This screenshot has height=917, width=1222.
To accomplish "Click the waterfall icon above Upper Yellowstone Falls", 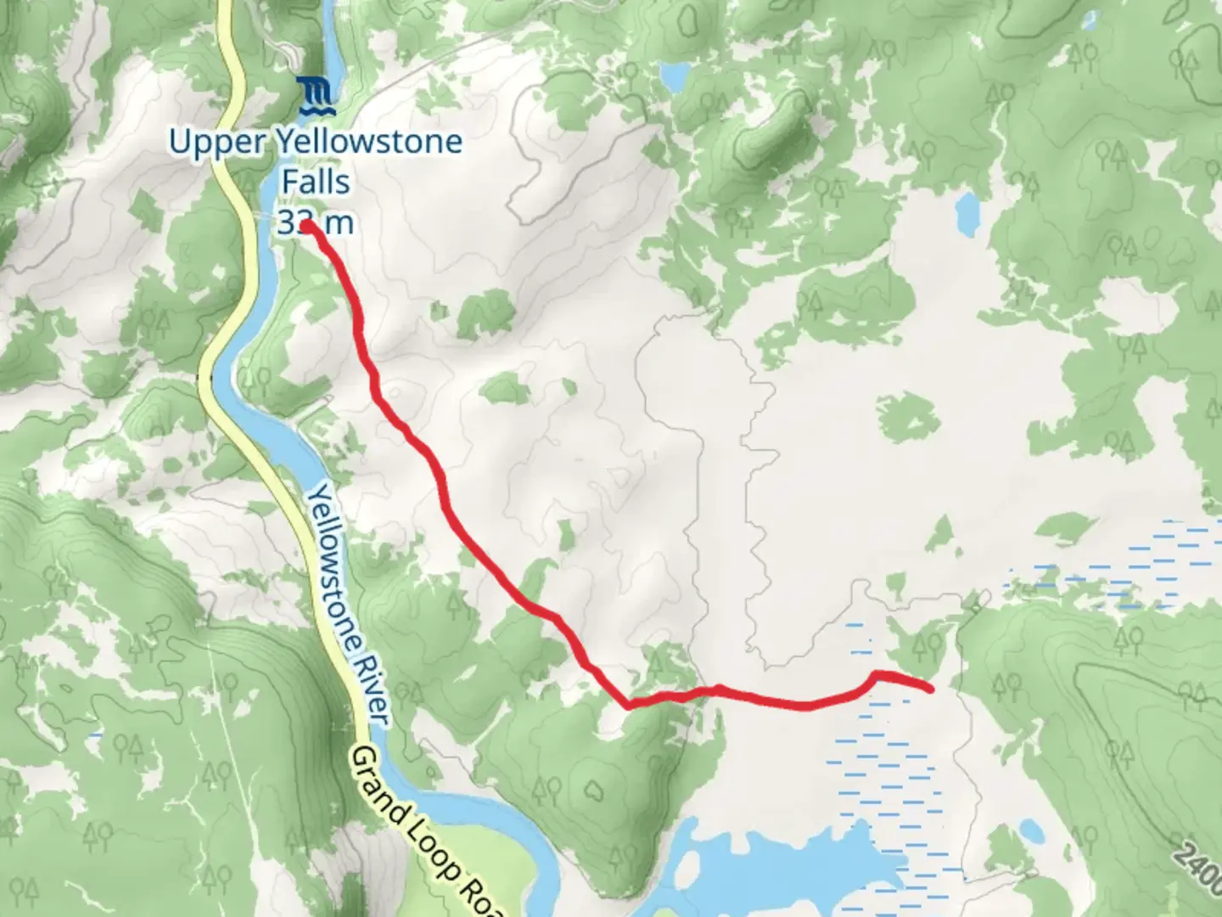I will (317, 96).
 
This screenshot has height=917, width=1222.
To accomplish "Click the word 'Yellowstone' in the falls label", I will (371, 142).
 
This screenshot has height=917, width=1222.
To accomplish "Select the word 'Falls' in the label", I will (316, 182).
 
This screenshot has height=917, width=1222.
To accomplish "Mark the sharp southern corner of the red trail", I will (628, 704).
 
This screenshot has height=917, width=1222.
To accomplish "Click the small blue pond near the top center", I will (675, 79).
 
